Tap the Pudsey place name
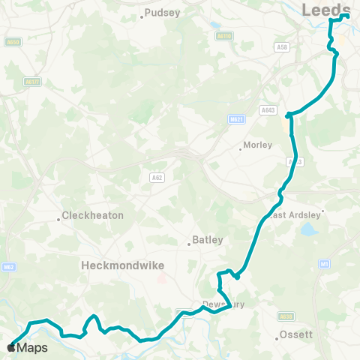pos(163,13)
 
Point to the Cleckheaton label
pos(92,215)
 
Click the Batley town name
pos(208,240)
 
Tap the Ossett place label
pos(295,334)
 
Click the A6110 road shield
pos(223,35)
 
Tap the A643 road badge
pos(268,109)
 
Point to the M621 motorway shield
pos(235,119)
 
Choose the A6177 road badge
pos(31,82)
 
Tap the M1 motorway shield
pos(324,263)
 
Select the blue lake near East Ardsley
pos(310,229)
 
